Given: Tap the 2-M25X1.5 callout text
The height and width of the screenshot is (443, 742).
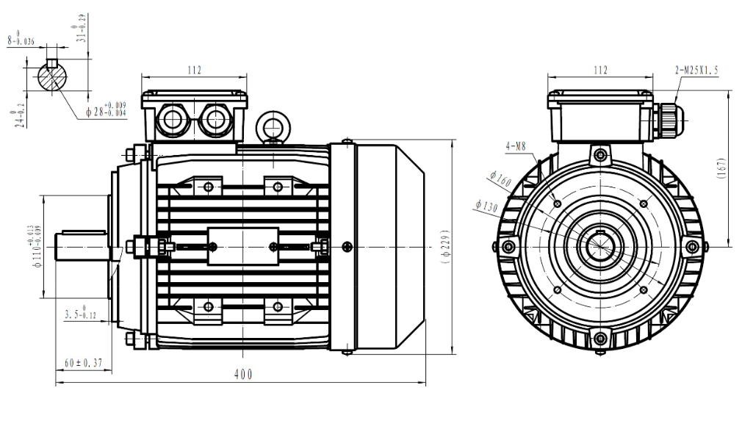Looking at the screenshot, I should tap(696, 71).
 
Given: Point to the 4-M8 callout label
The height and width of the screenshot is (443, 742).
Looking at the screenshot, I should tap(516, 147).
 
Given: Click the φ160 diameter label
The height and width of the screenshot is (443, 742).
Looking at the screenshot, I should tap(500, 179).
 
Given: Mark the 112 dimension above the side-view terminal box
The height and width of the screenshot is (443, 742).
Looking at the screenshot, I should tap(194, 71).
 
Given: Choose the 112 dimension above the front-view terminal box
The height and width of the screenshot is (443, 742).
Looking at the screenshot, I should tap(600, 71).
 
